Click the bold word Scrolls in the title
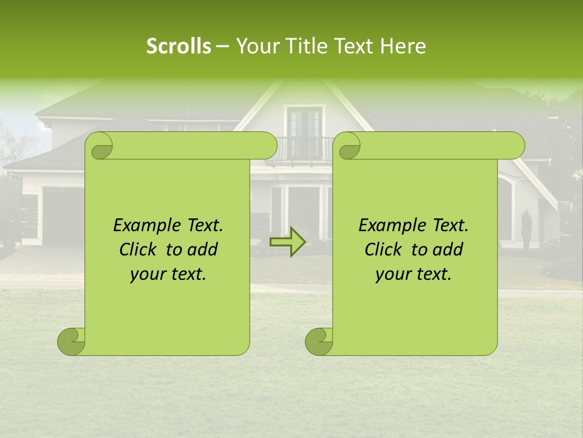coord(179,46)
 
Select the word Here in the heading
coord(403,46)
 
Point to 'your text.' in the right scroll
coord(414,274)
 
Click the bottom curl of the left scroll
coord(70,342)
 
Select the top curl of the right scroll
coord(349,147)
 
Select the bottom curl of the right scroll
coord(318,342)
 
